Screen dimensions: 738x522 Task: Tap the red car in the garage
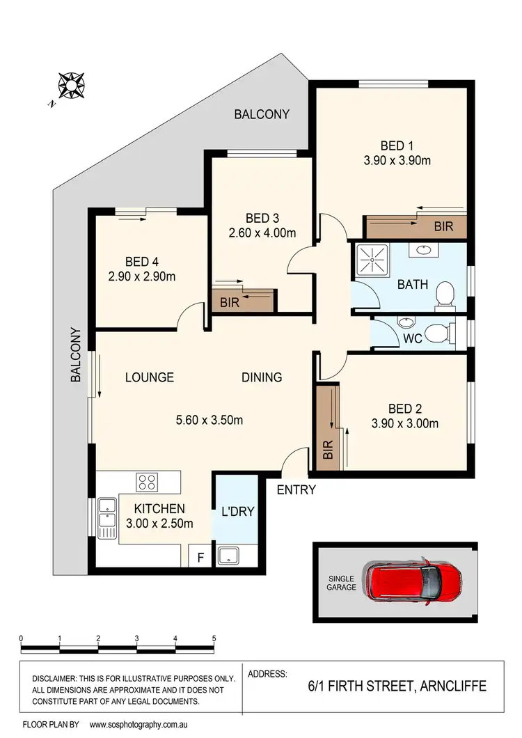pos(415,581)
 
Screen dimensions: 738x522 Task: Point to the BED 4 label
pos(142,262)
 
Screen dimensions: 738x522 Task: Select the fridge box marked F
pos(201,558)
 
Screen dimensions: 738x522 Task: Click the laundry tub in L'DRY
pos(228,556)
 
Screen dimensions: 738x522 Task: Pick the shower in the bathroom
pos(374,260)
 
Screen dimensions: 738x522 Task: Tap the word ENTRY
pos(296,489)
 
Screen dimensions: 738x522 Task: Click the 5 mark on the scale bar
pos(214,638)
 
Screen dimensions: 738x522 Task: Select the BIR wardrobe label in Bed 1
pos(443,226)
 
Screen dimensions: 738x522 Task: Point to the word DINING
pos(262,377)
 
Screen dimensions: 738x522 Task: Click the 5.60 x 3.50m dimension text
pos(209,421)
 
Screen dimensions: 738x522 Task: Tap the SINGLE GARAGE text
pos(341,583)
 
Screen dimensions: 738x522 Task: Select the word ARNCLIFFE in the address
pos(452,686)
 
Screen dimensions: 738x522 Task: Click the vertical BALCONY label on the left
pos(77,356)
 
